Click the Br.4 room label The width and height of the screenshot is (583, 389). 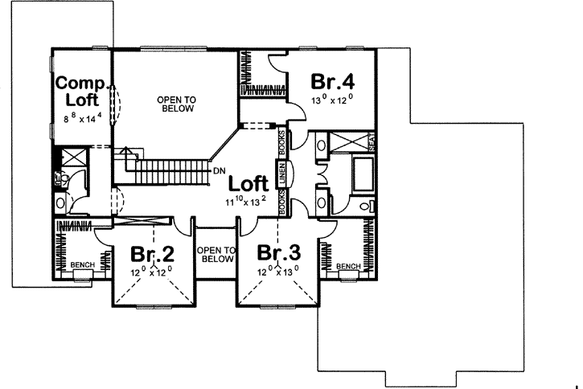tap(334, 82)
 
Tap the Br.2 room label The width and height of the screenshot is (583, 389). tap(153, 256)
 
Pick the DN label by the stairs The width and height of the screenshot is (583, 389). tap(219, 170)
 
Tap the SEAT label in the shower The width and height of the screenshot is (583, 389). tap(372, 142)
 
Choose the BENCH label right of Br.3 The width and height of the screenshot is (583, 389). tap(348, 266)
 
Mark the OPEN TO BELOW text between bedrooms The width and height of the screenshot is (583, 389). tap(216, 254)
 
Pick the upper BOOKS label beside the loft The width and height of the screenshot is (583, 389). tap(283, 142)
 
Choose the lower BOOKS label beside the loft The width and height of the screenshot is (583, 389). tap(283, 201)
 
